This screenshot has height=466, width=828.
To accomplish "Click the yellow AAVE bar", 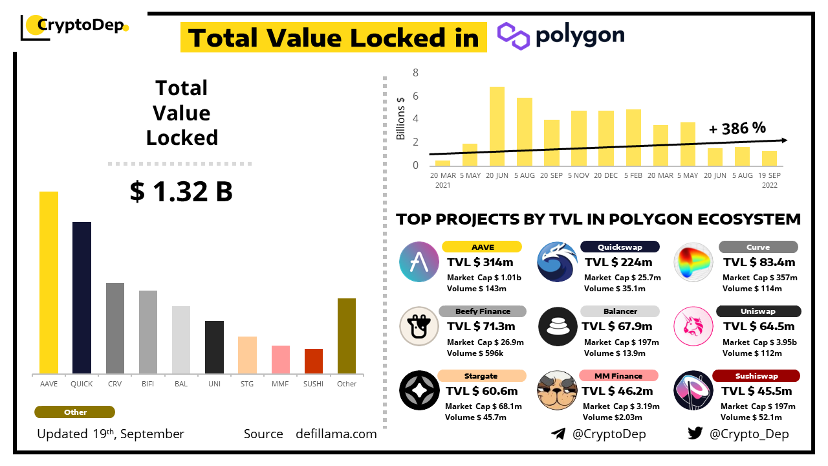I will point(49,282).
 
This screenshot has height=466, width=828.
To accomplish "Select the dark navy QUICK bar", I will point(82,298).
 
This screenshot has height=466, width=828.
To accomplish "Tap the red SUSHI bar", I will point(314,361).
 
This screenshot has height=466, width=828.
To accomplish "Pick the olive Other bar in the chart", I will point(347,336).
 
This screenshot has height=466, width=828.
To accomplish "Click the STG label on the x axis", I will point(247,384).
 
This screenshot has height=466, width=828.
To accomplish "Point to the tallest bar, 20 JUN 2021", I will point(497,126).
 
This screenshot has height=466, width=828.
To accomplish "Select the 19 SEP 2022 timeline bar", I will point(769,159).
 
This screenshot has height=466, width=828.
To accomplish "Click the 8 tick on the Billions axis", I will point(416,73).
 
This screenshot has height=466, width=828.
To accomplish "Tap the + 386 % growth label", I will point(737,128).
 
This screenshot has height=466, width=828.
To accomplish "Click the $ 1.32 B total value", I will point(181,192).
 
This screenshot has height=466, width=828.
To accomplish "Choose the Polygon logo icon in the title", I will point(514,36).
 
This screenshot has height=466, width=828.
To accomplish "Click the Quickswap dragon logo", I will point(557,261).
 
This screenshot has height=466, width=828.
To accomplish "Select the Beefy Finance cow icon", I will point(419,326).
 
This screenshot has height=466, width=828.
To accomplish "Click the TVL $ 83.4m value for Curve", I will point(758,262).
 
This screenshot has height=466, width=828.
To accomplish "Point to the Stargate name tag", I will point(481,376).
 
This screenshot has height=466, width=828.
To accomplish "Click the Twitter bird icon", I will point(695,433).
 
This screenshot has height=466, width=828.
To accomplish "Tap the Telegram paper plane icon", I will point(558,433).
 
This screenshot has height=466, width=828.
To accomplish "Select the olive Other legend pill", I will point(74,412).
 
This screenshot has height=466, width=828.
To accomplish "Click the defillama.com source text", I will point(336,434).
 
